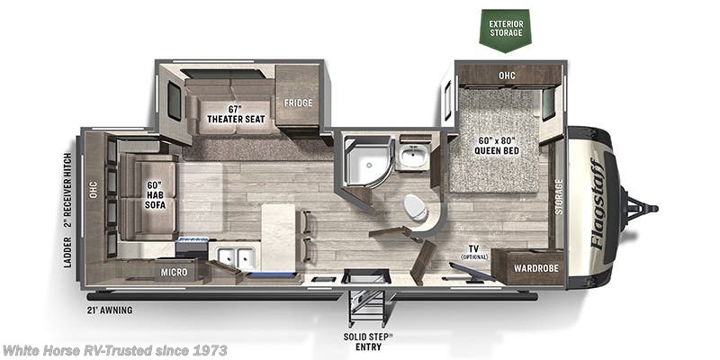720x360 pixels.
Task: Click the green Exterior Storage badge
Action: [x=504, y=27]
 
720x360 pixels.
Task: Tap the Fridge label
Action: [x=298, y=103]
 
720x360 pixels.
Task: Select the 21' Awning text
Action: [x=111, y=310]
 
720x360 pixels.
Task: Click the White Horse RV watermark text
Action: [x=114, y=350]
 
